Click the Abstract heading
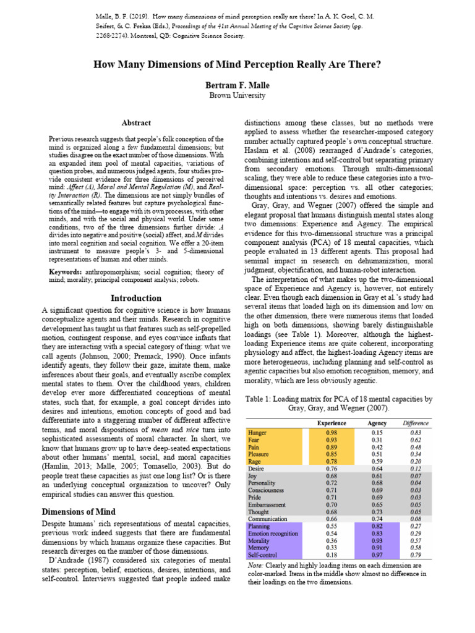136,123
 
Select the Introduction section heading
136,298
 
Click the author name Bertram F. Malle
237,85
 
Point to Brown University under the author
237,96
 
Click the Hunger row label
257,432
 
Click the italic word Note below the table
254,566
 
